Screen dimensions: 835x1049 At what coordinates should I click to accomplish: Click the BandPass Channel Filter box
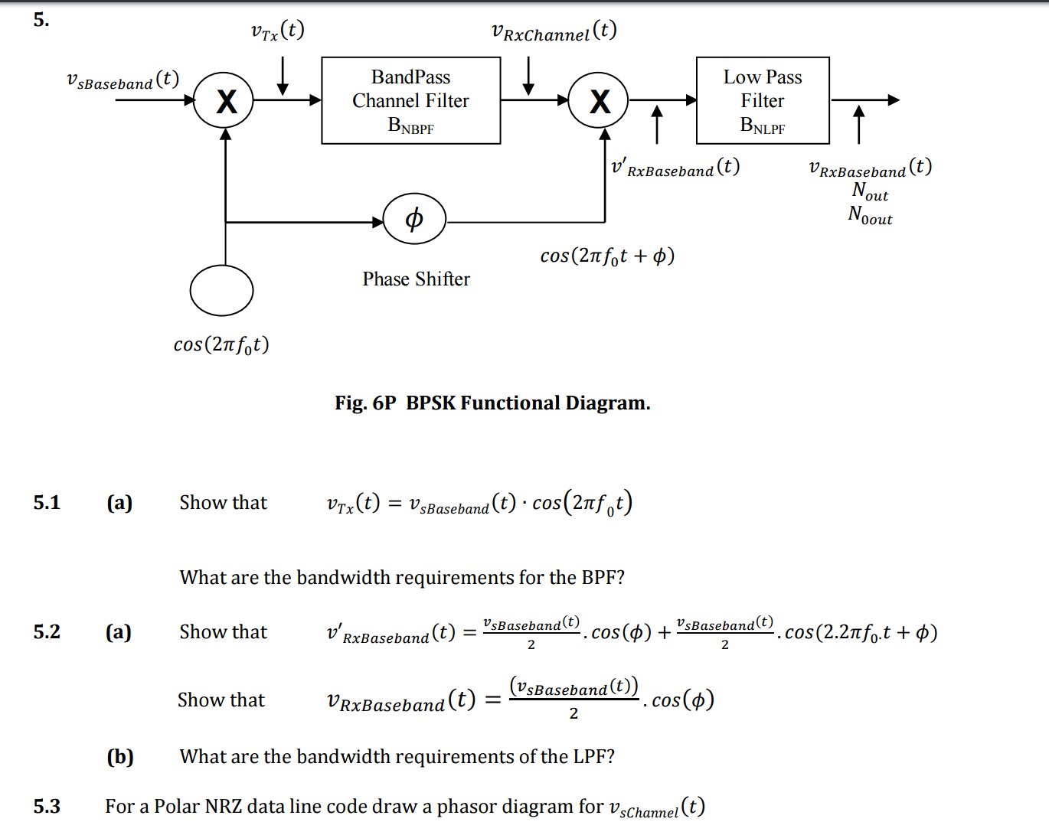[410, 100]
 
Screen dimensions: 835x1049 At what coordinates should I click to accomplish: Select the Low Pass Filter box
[763, 100]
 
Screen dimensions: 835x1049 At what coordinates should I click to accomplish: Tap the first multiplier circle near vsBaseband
[224, 100]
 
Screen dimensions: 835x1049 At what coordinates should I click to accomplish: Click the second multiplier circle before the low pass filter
[598, 100]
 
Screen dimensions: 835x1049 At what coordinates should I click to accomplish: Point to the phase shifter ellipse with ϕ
[413, 219]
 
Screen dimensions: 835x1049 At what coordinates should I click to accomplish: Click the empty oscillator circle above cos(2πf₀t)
[221, 291]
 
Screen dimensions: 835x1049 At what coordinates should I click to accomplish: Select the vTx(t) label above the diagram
[277, 31]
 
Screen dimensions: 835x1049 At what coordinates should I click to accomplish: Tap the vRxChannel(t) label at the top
[554, 31]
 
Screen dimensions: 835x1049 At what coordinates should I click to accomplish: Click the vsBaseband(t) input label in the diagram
[123, 80]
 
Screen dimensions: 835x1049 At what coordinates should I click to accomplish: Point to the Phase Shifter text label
[416, 279]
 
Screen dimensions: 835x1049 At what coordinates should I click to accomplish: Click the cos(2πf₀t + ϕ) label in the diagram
[607, 256]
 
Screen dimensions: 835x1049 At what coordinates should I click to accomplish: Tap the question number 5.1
[47, 503]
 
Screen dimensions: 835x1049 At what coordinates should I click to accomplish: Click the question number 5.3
[47, 807]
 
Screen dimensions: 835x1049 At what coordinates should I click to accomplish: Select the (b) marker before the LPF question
[120, 757]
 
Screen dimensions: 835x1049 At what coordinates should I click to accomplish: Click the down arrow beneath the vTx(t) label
[283, 77]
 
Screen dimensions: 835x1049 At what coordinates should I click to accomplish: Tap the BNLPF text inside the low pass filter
[763, 126]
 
